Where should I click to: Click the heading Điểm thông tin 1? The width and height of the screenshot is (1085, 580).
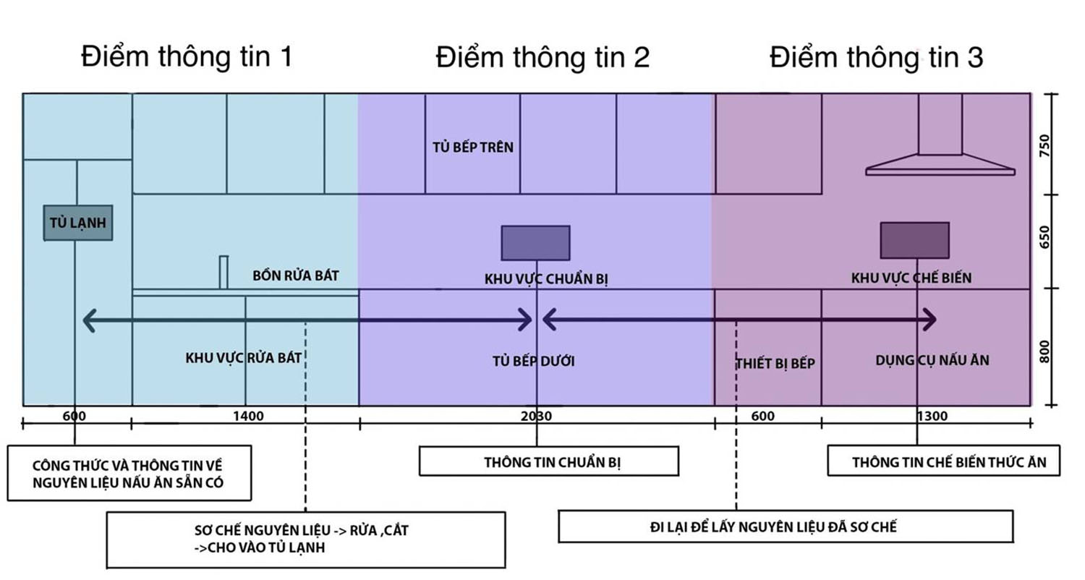click(x=187, y=57)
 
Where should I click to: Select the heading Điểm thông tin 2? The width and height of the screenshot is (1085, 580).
click(x=542, y=57)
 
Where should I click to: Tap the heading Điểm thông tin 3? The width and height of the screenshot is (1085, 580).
click(x=876, y=57)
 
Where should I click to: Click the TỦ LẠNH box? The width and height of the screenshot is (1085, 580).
click(x=78, y=223)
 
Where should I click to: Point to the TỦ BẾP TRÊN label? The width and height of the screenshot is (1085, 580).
click(x=473, y=148)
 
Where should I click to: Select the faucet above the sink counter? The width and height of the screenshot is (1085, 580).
click(x=224, y=273)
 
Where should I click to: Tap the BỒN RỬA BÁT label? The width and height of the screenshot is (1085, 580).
click(x=295, y=276)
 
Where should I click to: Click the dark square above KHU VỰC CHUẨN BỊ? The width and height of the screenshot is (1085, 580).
click(x=536, y=243)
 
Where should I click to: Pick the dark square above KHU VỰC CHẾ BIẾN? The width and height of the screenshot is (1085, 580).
click(x=914, y=240)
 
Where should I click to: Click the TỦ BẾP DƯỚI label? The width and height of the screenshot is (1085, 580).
click(x=533, y=361)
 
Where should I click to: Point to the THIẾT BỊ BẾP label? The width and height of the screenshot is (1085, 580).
click(x=775, y=363)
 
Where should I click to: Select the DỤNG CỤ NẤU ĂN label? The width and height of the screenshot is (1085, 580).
click(x=932, y=360)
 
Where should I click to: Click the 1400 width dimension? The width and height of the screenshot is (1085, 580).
click(x=249, y=416)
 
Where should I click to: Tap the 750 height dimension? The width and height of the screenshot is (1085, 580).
click(x=1044, y=146)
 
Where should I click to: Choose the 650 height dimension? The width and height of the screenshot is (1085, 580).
click(x=1044, y=237)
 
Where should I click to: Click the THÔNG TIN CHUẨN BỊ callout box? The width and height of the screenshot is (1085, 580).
click(x=549, y=461)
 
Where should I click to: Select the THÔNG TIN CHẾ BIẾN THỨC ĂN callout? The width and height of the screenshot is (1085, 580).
click(x=943, y=461)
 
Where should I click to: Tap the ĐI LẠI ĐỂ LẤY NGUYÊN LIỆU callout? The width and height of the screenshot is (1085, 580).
click(x=786, y=526)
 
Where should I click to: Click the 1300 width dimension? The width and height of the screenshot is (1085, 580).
click(x=932, y=416)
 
